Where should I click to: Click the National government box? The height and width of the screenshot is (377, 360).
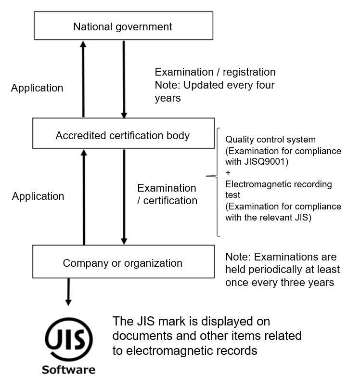coord(124,26)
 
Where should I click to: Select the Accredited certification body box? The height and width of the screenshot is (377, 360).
coord(124,133)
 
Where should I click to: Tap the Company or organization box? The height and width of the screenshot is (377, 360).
coord(124,261)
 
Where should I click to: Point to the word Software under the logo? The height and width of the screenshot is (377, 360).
coord(68,370)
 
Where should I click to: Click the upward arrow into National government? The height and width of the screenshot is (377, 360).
coord(83,79)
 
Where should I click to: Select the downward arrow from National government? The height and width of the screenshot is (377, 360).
coord(124,80)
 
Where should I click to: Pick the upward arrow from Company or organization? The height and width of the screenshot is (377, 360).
coord(84,197)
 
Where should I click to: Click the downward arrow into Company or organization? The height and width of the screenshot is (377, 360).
coord(124,197)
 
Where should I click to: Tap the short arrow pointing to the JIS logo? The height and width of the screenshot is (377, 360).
coord(68,292)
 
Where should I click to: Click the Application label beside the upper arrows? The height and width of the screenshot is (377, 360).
coord(37,88)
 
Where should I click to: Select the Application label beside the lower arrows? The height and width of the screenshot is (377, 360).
coord(38,196)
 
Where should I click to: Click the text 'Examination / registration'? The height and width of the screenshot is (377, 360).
coord(215,72)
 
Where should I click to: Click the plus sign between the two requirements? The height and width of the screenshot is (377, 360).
coord(228,173)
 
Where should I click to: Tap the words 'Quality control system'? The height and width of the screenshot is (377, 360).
coord(270,140)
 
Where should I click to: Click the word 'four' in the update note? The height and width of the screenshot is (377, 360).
coord(264,85)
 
